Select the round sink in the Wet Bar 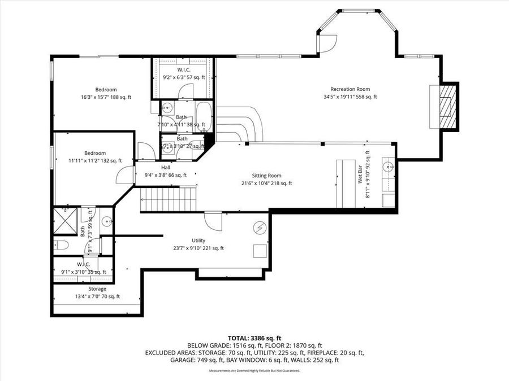387,167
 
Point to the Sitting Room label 266,176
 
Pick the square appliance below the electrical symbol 260,251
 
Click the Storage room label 97,289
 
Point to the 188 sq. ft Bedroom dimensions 106,97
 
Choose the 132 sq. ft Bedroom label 95,153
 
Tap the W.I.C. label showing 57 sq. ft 184,70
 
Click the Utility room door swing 213,221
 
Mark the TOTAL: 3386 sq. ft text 254,337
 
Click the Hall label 166,168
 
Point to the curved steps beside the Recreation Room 240,124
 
